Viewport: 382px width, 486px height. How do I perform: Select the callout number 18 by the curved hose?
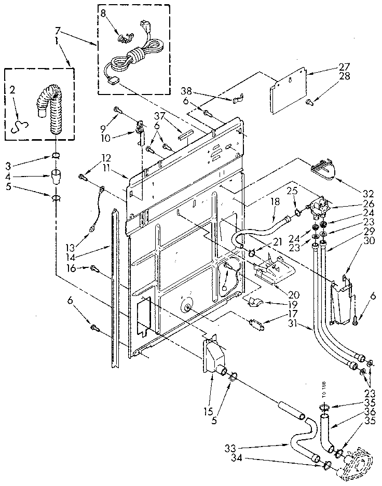[x=276, y=200]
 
